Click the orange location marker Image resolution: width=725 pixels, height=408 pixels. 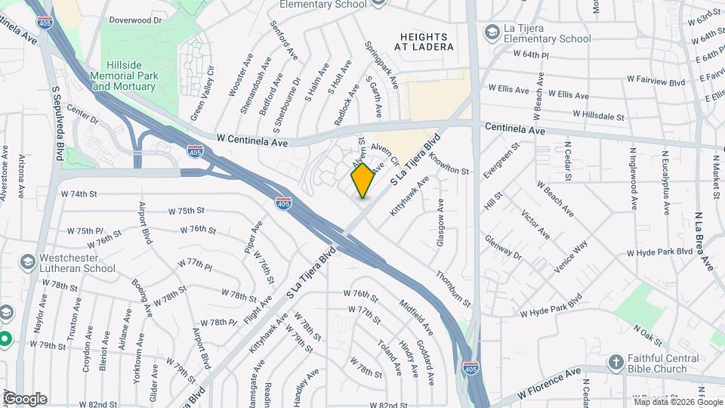pyautogui.click(x=362, y=181)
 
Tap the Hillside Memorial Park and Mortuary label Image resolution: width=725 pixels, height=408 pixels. pyautogui.click(x=124, y=76)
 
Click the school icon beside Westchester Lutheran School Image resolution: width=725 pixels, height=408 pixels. pyautogui.click(x=28, y=262)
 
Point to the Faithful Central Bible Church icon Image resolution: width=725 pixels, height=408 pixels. pyautogui.click(x=615, y=361)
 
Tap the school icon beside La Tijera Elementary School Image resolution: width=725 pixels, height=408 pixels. pyautogui.click(x=492, y=32)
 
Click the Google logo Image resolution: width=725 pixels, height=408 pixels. pyautogui.click(x=25, y=398)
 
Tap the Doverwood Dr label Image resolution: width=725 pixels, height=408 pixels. pyautogui.click(x=136, y=20)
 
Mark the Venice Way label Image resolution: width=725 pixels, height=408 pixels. pyautogui.click(x=570, y=258)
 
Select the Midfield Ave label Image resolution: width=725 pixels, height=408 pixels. pyautogui.click(x=416, y=318)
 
